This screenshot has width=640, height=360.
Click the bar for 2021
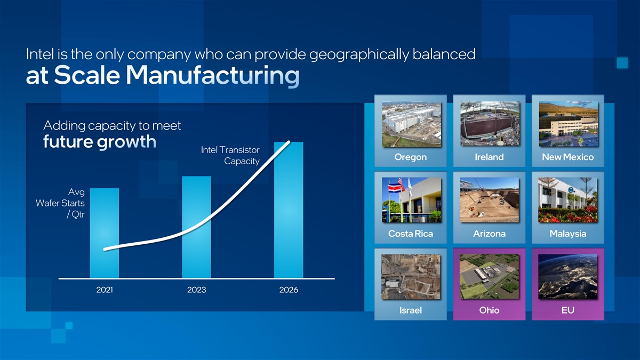105,233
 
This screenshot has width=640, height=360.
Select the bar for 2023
197,227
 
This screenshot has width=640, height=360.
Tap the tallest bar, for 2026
289,210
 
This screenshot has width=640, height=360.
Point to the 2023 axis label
197,290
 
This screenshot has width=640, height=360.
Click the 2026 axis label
289,290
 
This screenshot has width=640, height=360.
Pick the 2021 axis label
105,290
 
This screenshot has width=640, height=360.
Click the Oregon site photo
411,125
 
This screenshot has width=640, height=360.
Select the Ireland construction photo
490,124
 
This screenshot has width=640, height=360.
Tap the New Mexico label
567,157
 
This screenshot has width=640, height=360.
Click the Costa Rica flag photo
411,200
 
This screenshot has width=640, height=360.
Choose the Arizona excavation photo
489,200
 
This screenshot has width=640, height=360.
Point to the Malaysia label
567,234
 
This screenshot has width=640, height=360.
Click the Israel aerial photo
411,277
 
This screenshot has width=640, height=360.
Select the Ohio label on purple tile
489,310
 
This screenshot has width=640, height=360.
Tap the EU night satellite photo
567,277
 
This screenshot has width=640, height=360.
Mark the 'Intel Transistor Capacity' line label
230,155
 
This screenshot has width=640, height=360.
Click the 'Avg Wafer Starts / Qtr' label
60,203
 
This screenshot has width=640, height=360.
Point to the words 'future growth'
100,142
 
